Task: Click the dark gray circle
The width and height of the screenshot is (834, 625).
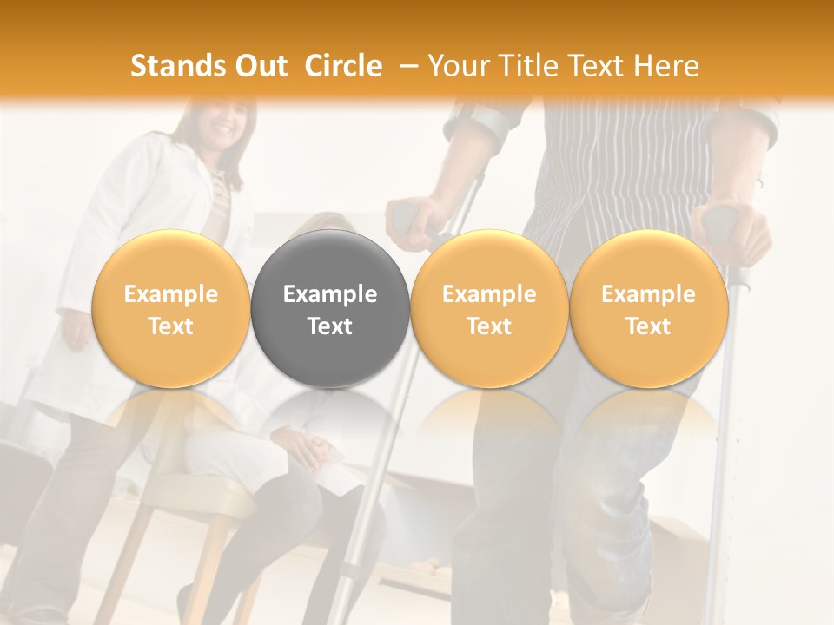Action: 330,309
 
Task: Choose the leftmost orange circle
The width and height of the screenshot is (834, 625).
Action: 171,309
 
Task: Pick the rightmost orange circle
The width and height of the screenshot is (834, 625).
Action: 648,309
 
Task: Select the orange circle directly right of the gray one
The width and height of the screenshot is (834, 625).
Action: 489,309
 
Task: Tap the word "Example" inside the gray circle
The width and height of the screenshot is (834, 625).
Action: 330,294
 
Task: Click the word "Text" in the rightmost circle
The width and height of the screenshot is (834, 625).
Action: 648,326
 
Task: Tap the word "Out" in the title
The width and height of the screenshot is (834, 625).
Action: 261,66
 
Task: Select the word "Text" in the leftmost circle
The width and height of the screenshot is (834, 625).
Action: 171,326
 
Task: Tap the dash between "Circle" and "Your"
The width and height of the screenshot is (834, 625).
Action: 405,66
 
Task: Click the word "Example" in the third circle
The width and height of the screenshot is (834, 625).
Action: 489,294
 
